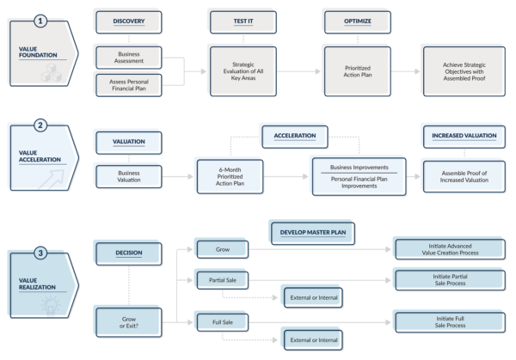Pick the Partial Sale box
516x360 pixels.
click(x=222, y=280)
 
